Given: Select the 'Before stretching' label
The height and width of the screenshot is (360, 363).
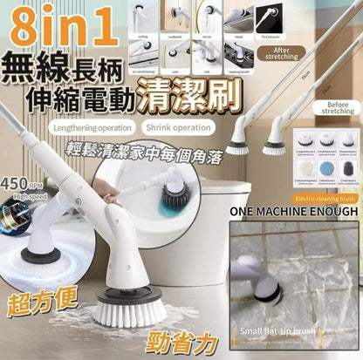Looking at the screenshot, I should coord(336,107).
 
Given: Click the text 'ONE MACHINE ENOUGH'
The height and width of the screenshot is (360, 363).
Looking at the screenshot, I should coord(293,211).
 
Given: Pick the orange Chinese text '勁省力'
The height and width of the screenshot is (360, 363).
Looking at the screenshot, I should coord(181,335).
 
